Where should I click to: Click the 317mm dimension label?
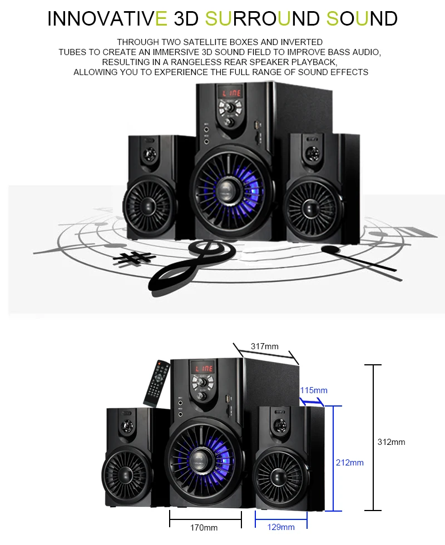pyautogui.click(x=265, y=346)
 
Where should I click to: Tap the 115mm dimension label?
pyautogui.click(x=314, y=390)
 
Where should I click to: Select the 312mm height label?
pyautogui.click(x=392, y=442)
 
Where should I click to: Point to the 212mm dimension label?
pyautogui.click(x=350, y=463)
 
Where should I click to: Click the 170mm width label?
pyautogui.click(x=204, y=528)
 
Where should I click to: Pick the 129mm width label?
pyautogui.click(x=281, y=527)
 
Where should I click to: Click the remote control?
pyautogui.click(x=157, y=384)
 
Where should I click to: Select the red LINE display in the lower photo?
pyautogui.click(x=203, y=368)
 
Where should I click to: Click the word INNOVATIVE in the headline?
pyautogui.click(x=107, y=18)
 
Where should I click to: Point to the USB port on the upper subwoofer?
pyautogui.click(x=258, y=125)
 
